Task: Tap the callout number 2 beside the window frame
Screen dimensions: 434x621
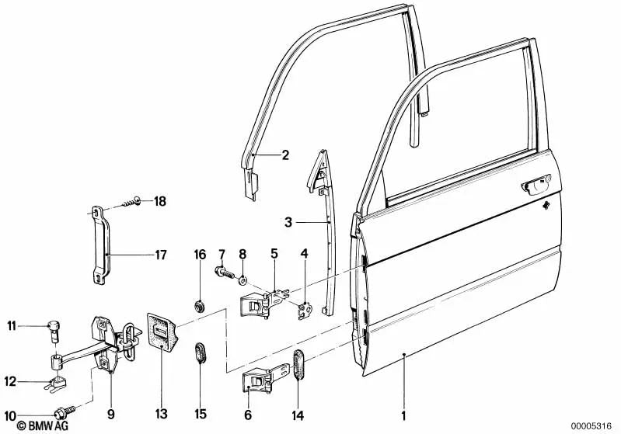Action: click(x=285, y=155)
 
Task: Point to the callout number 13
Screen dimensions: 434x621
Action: click(x=160, y=413)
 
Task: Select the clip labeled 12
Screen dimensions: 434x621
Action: click(x=57, y=382)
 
